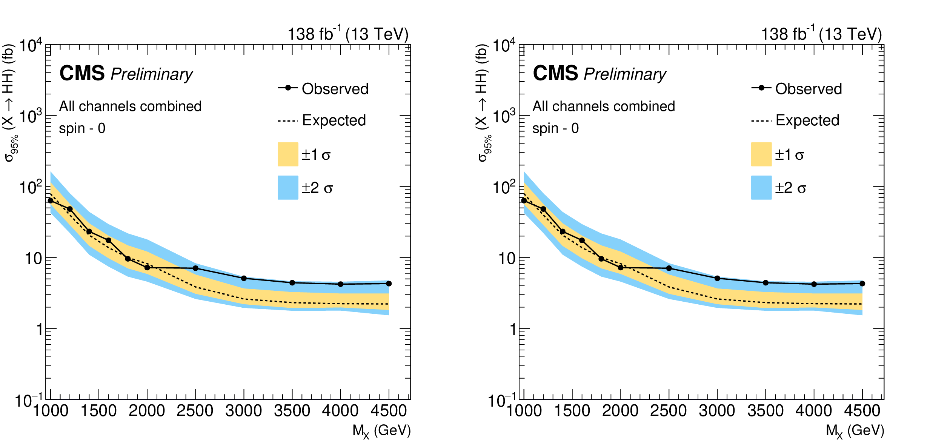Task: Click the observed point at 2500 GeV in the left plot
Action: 195,268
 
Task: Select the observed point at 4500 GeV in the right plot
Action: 862,284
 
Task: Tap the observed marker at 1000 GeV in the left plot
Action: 51,200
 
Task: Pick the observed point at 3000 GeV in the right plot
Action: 717,278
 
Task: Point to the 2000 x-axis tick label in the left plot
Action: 147,411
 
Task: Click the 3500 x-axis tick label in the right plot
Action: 766,411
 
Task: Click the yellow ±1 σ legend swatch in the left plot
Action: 288,154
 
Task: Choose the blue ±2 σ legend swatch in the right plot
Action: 761,187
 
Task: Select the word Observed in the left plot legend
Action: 335,89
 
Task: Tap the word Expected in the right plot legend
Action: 807,120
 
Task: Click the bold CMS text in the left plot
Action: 82,73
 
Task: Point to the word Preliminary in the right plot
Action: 625,74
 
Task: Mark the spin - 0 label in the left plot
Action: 82,128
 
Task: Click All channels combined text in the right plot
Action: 604,106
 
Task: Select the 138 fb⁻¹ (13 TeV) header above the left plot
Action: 348,34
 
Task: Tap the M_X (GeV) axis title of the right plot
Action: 855,430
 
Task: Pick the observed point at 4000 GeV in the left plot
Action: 341,284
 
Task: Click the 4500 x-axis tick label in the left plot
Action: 389,411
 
